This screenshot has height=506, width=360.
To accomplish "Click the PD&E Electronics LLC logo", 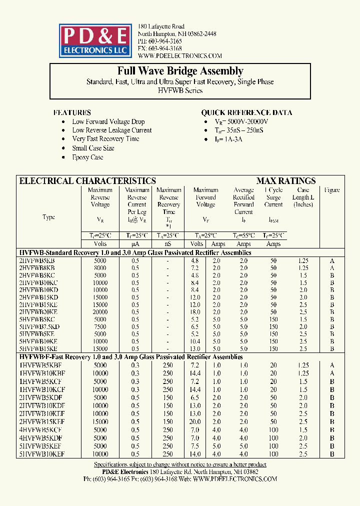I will [95, 40].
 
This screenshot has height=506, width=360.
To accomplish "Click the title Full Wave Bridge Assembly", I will [180, 71].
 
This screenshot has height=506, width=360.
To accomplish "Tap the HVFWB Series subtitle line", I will [180, 90].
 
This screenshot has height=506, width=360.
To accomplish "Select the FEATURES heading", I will [72, 112].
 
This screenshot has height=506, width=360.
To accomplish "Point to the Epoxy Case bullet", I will [87, 157].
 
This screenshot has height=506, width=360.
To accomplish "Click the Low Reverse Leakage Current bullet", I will [111, 130].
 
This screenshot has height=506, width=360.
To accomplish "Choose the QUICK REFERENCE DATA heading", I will [246, 112].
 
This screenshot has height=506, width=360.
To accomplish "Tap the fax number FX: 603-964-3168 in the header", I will [160, 48].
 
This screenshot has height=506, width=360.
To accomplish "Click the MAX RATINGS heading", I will [286, 181].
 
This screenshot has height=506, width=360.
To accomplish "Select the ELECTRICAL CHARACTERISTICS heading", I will [87, 181].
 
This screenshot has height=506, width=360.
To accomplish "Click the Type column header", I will [49, 217].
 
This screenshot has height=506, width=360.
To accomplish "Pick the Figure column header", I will [332, 190].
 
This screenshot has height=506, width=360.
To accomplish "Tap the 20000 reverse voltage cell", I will [100, 311].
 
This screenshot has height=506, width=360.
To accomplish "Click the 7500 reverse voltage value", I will [100, 326].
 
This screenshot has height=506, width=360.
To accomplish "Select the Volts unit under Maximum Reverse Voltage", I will [100, 244].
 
